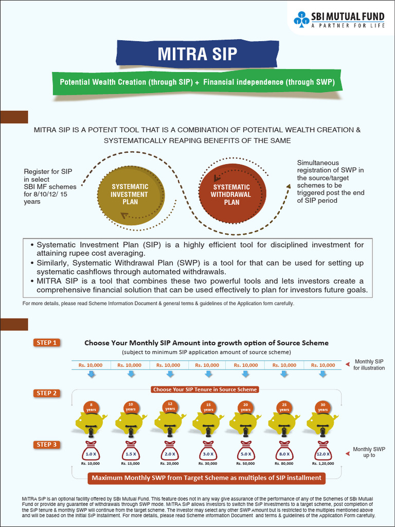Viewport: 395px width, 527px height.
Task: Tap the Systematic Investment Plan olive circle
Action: click(130, 195)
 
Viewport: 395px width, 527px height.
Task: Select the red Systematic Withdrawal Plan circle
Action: click(232, 195)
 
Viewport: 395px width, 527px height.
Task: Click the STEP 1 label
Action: click(47, 343)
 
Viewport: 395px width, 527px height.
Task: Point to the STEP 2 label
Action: click(47, 394)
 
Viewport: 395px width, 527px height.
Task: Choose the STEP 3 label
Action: click(47, 445)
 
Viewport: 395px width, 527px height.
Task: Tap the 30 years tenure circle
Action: click(322, 407)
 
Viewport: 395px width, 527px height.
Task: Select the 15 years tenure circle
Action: click(208, 407)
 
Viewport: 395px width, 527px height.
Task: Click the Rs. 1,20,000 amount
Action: click(322, 464)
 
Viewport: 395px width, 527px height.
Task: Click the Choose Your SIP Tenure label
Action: click(205, 390)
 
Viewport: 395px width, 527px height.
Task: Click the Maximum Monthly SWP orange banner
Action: click(206, 478)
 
